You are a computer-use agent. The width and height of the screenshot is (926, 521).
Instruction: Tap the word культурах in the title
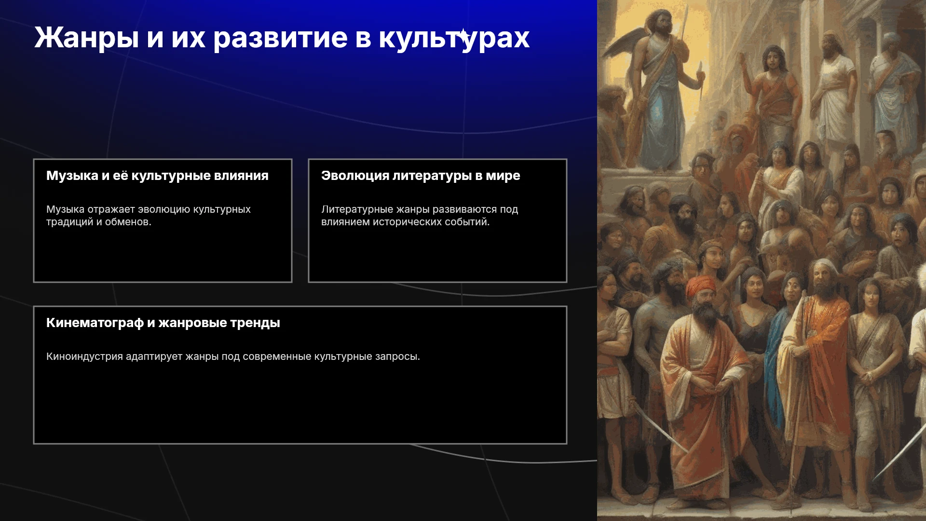(x=454, y=38)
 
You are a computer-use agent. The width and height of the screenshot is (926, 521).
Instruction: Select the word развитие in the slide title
(x=280, y=38)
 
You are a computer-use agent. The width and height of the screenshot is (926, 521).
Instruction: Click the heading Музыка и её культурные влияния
(x=157, y=176)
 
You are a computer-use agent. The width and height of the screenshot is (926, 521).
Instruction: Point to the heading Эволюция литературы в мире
(x=421, y=176)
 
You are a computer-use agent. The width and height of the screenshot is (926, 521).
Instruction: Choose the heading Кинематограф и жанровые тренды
(x=163, y=323)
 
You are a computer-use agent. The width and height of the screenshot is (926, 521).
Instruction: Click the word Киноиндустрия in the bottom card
(x=84, y=356)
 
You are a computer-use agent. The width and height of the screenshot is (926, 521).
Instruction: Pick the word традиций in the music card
(x=69, y=222)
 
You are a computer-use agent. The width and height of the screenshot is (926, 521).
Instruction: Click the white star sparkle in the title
(x=463, y=36)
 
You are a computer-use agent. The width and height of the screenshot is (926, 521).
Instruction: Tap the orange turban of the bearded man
(x=700, y=286)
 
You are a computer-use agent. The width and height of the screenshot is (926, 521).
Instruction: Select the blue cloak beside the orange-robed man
(x=774, y=367)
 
